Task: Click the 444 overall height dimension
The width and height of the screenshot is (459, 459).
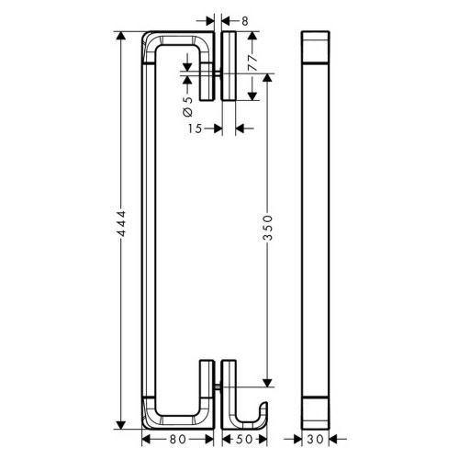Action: coord(120,231)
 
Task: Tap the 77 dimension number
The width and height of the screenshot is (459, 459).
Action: coord(251,61)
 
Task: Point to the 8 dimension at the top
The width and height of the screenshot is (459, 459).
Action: coord(246,18)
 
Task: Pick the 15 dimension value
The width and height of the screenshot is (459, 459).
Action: coord(194,129)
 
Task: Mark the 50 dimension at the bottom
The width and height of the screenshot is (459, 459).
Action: coord(243,439)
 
